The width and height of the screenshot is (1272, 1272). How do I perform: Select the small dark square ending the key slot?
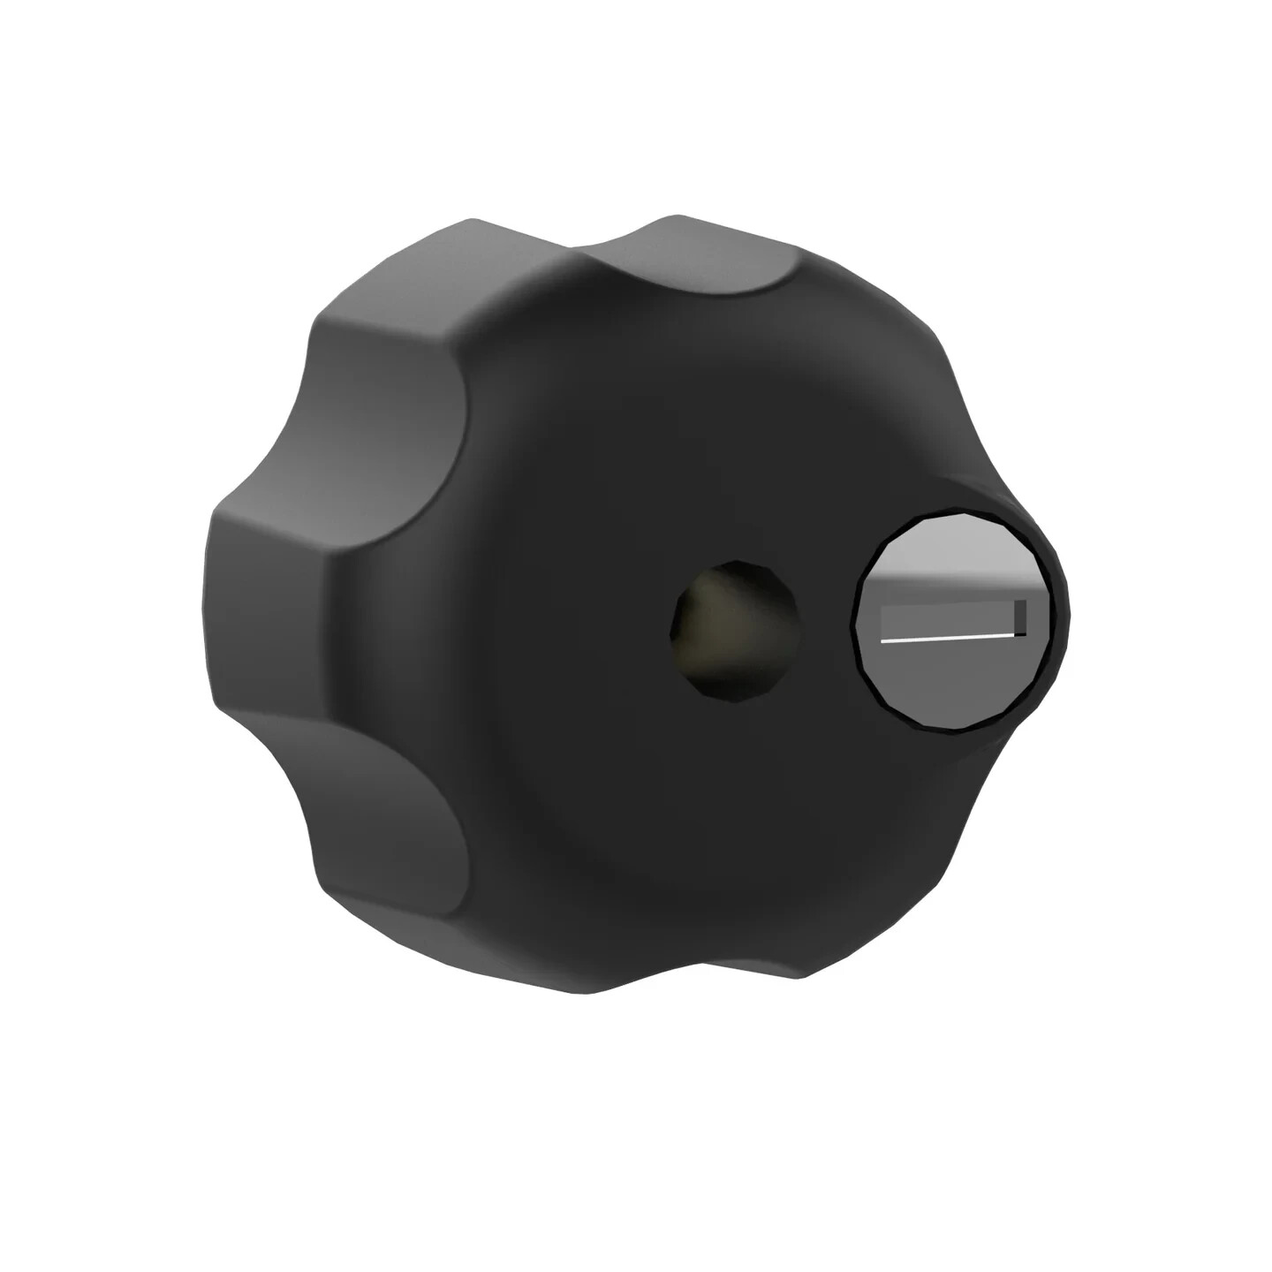click(x=1020, y=617)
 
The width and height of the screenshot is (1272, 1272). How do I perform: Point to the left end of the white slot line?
click(x=885, y=640)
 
